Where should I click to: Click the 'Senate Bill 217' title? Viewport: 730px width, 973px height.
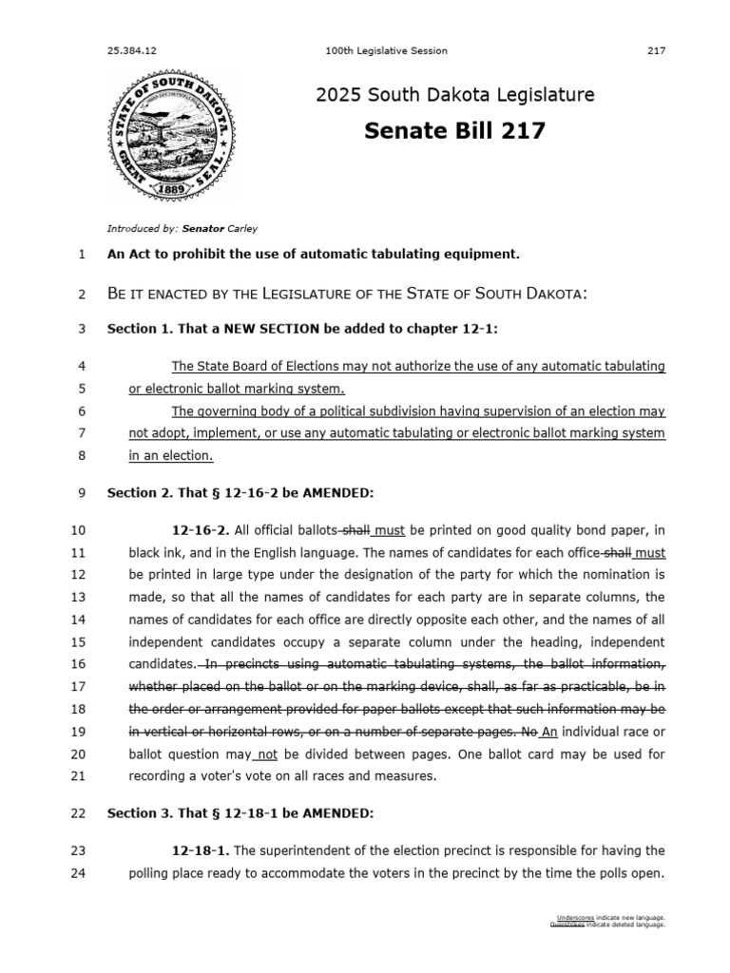(x=454, y=131)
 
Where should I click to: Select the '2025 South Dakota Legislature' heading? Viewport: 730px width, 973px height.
(x=454, y=95)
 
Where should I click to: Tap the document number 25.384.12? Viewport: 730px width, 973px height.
(x=130, y=50)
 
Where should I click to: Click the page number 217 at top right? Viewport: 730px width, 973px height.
(x=656, y=50)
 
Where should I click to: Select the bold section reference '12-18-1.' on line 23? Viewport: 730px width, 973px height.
(x=200, y=850)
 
